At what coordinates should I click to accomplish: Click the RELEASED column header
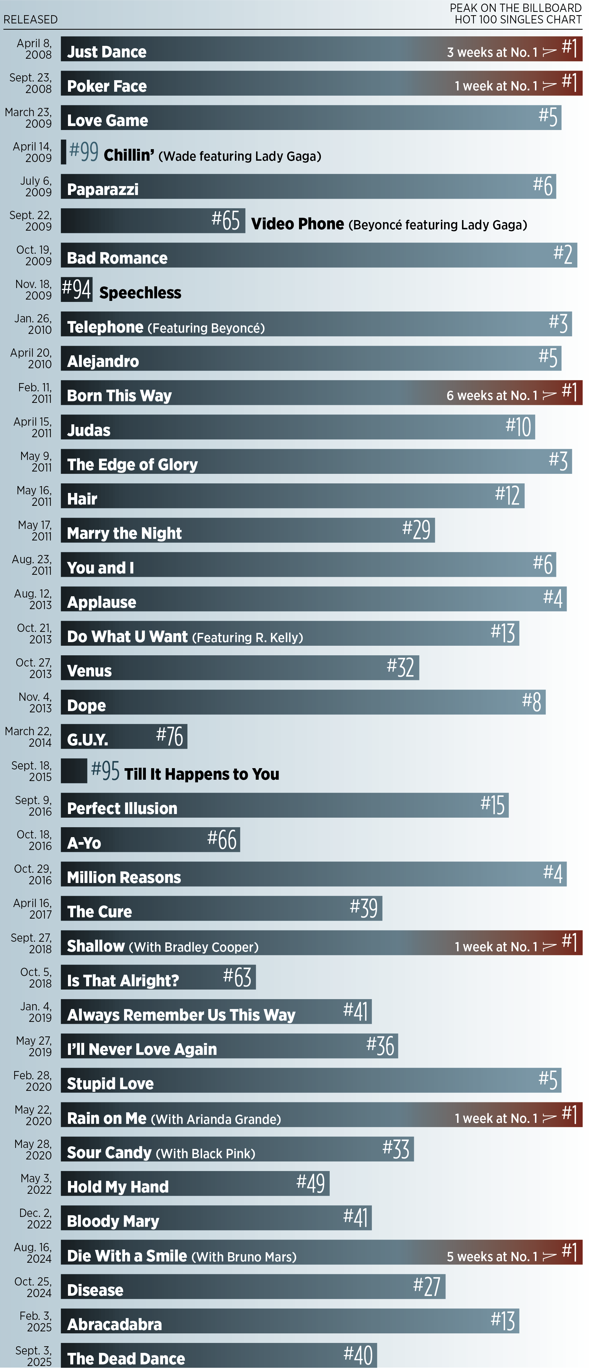[x=30, y=20]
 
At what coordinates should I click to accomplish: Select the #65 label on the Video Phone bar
[x=225, y=220]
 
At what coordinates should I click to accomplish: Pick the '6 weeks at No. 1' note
[x=492, y=395]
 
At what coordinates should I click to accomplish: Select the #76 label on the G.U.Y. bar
[x=170, y=736]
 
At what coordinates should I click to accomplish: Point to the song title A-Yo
[x=84, y=843]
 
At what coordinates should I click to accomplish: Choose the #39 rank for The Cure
[x=364, y=908]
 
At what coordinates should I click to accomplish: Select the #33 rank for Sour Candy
[x=396, y=1149]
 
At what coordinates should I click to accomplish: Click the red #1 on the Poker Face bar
[x=570, y=82]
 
